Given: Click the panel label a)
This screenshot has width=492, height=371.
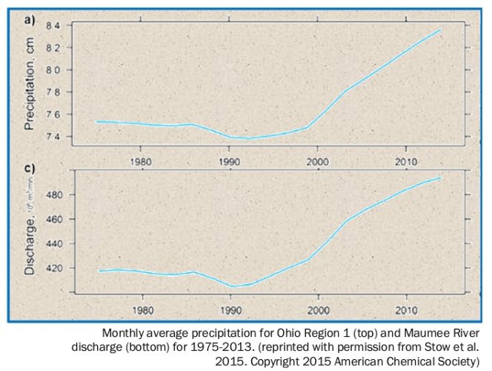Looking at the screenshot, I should tap(32, 22).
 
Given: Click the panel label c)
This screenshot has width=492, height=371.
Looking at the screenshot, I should tap(32, 168).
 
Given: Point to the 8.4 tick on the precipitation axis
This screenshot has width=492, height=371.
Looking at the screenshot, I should tap(52, 26).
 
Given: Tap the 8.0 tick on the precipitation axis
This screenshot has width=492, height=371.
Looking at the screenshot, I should tap(52, 70).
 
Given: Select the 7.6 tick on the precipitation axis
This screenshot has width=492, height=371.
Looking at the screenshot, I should tap(52, 115).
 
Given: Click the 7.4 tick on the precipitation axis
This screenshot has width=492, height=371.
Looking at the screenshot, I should tap(52, 137).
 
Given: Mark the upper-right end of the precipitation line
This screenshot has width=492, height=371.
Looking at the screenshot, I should tap(441, 30).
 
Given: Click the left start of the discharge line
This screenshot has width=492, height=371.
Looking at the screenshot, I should tap(100, 271).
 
